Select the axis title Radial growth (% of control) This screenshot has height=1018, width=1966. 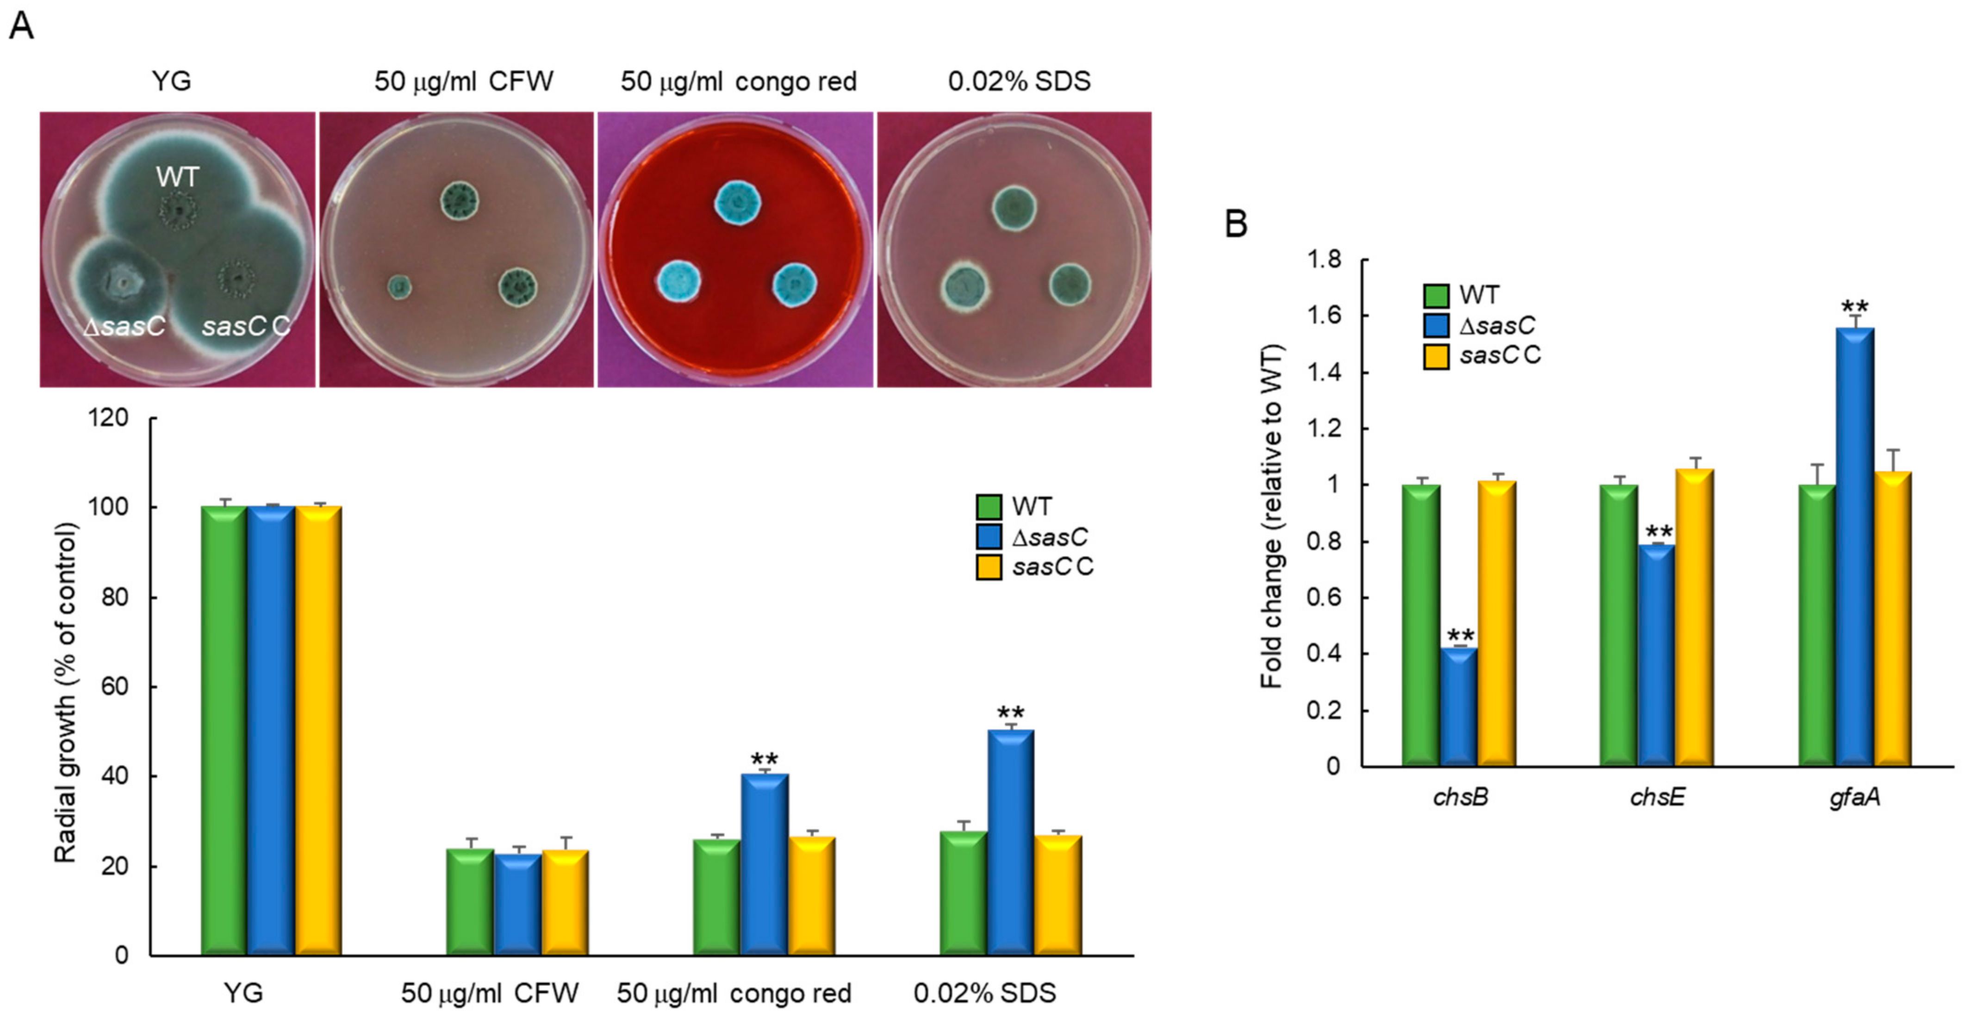66,693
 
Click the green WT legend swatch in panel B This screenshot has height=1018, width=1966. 1436,295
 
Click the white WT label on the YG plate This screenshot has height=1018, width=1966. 177,177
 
